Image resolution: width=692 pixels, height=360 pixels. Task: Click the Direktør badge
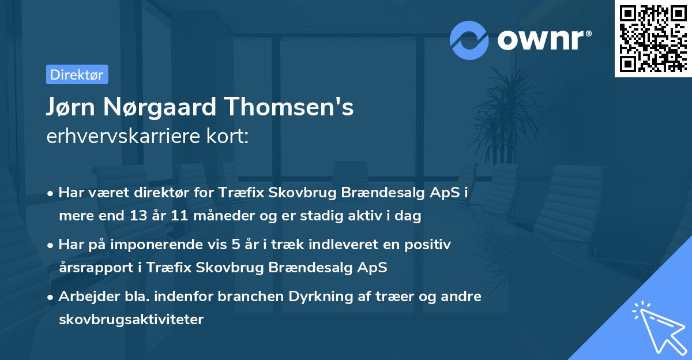pos(77,74)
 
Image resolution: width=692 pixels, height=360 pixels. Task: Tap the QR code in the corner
pos(653,38)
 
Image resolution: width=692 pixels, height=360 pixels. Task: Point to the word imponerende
pos(172,245)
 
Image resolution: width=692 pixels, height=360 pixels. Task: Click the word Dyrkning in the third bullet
pos(316,297)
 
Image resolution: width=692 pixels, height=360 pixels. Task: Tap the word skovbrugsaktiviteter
pos(131,319)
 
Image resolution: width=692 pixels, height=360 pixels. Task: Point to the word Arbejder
pos(85,297)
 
